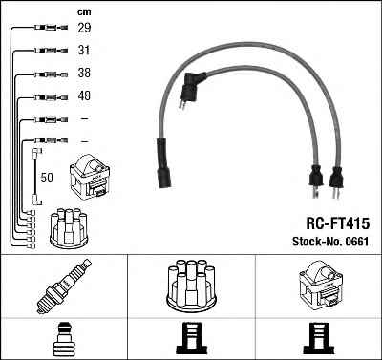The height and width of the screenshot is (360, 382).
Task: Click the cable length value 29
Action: tap(84, 28)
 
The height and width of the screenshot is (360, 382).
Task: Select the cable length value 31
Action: tap(84, 50)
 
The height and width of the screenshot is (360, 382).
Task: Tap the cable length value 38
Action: tap(84, 73)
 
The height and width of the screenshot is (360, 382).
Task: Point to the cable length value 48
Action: tap(84, 95)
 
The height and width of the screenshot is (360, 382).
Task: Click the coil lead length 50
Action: tap(47, 178)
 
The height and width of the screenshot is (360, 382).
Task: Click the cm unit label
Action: tap(84, 12)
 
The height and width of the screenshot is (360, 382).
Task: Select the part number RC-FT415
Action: tap(338, 223)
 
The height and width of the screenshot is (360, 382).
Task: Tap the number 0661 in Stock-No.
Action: tap(355, 242)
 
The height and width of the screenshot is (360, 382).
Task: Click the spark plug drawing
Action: tap(64, 286)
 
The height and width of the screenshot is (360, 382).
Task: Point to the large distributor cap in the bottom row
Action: tap(192, 286)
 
